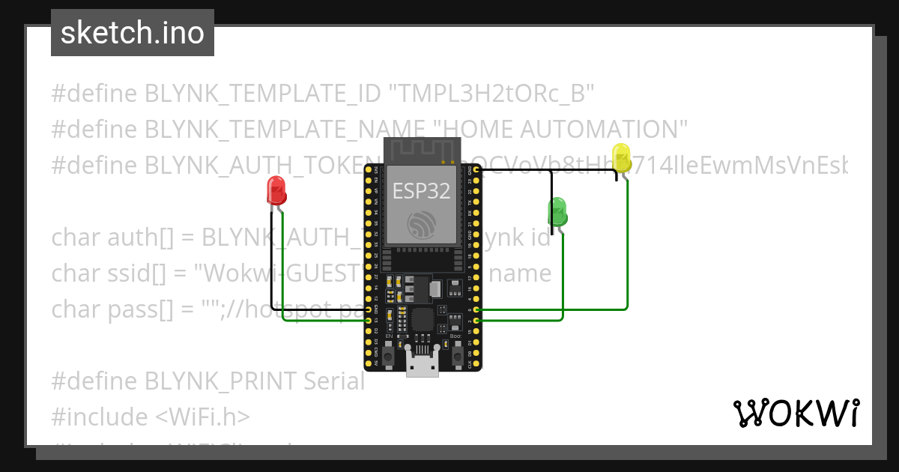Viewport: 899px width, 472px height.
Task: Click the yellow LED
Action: tap(622, 158)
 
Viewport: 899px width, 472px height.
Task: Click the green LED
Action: tap(557, 211)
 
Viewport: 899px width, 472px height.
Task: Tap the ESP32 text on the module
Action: tap(422, 191)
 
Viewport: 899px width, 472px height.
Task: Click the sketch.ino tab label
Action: tap(133, 33)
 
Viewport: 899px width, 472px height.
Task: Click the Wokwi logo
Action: tap(796, 414)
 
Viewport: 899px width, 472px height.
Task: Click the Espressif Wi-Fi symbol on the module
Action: tap(421, 224)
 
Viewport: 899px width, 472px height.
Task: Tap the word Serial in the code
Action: tap(333, 381)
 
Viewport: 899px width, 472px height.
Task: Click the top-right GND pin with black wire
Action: tap(475, 171)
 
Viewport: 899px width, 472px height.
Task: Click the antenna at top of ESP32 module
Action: tap(421, 150)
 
